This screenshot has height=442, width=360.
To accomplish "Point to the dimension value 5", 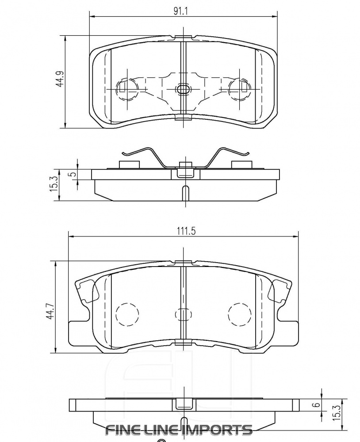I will pos(74,174).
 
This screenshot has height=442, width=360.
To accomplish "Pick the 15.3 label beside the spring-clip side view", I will pos(54,183).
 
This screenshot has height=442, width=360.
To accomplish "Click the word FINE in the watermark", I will pos(123,429).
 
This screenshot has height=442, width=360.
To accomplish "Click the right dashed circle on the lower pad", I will pos(239,314).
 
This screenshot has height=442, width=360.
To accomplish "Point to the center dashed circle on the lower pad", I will pos(183,314).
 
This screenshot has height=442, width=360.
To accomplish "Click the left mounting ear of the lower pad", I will pos(82,292).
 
